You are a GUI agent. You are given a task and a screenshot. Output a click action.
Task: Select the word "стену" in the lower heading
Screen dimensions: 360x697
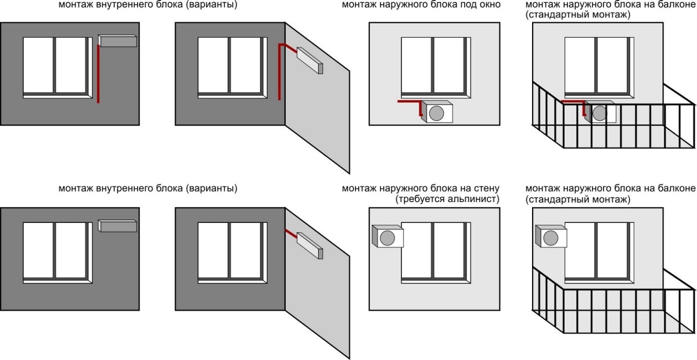click(x=487, y=189)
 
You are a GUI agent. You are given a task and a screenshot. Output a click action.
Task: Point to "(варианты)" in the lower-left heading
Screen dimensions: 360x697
click(x=211, y=189)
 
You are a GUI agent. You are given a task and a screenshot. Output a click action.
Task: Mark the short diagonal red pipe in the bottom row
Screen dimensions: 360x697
click(x=291, y=232)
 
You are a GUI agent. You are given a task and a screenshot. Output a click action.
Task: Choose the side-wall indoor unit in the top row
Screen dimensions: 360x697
click(x=310, y=59)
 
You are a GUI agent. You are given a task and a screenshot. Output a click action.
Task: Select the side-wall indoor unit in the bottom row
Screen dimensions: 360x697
click(x=310, y=244)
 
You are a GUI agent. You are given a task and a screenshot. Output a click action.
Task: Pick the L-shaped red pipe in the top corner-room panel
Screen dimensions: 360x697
click(x=282, y=64)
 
